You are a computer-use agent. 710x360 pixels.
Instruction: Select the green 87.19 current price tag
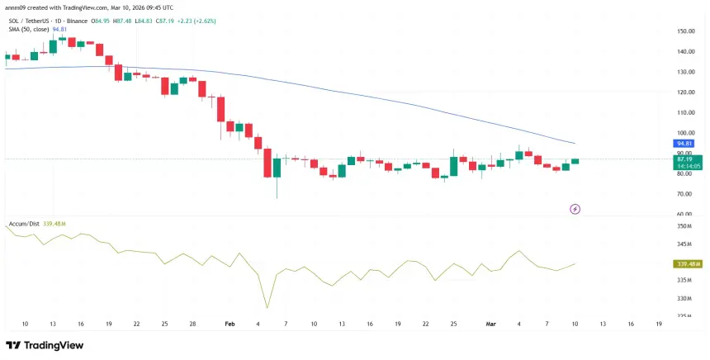pos(685,159)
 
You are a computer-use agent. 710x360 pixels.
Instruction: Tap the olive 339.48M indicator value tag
pos(687,263)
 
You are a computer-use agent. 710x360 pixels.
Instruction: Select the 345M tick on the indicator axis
pos(684,244)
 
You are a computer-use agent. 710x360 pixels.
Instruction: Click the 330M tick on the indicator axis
pos(684,298)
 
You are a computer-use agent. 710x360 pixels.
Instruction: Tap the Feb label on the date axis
pos(230,325)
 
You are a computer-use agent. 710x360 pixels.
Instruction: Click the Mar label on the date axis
pos(490,325)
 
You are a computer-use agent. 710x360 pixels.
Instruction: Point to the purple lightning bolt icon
pos(575,210)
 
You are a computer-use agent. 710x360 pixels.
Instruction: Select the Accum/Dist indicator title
pos(25,224)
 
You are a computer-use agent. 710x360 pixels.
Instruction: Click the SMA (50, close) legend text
pos(29,29)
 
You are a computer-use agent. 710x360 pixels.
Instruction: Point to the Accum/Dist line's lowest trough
pos(267,308)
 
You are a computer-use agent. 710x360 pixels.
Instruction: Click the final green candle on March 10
pos(575,161)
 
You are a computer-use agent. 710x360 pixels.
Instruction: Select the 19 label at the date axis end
pos(658,325)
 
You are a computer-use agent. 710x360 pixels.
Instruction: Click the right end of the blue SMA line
pos(575,144)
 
